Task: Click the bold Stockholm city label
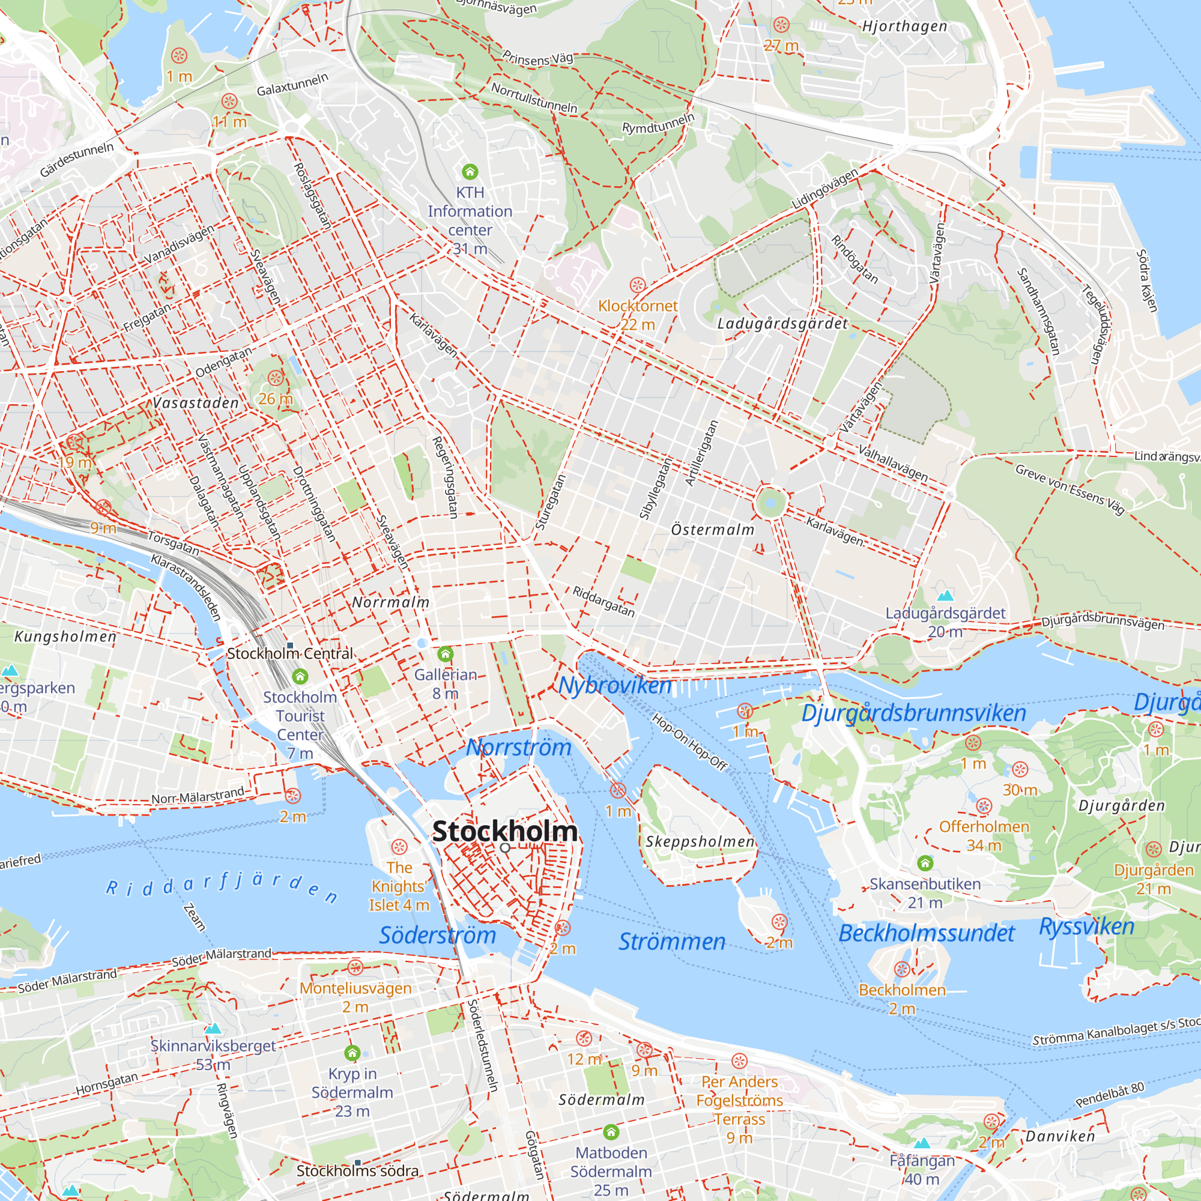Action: [504, 832]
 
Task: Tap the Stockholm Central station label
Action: [289, 654]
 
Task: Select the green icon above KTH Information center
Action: [470, 171]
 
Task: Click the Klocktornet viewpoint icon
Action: [637, 285]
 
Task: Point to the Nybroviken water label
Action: [614, 686]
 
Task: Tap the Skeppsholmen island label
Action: [700, 842]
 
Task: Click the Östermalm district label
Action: [712, 530]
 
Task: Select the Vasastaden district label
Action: [196, 403]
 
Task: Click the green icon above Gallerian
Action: [445, 654]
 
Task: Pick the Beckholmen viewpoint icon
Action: [902, 969]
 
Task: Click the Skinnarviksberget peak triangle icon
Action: [213, 1028]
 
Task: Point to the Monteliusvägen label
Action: [355, 988]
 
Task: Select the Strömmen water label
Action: [671, 942]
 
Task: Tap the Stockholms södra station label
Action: [357, 1171]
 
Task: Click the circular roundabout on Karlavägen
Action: [770, 502]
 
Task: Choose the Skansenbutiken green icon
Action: [925, 863]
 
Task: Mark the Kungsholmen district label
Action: [65, 637]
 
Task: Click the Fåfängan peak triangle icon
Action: [922, 1143]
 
